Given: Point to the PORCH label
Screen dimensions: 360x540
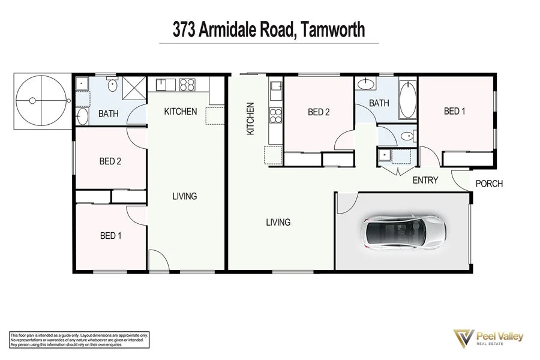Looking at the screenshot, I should coord(488,184).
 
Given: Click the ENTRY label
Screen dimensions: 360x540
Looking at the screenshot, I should coord(425,180).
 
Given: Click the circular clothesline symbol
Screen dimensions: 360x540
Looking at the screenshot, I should coord(39,100).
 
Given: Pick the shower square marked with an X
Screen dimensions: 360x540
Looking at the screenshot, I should coord(135,89).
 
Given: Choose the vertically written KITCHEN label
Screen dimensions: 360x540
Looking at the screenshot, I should coord(250,118).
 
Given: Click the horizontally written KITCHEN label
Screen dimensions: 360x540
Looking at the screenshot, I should coord(181,112).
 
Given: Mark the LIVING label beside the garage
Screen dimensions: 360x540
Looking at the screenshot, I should coord(278,222).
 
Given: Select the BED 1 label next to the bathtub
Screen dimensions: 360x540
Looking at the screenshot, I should coord(454,111).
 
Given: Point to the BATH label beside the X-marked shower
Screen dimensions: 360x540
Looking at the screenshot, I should coord(108,113).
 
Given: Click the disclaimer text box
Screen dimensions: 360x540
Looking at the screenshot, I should coord(79,340).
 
